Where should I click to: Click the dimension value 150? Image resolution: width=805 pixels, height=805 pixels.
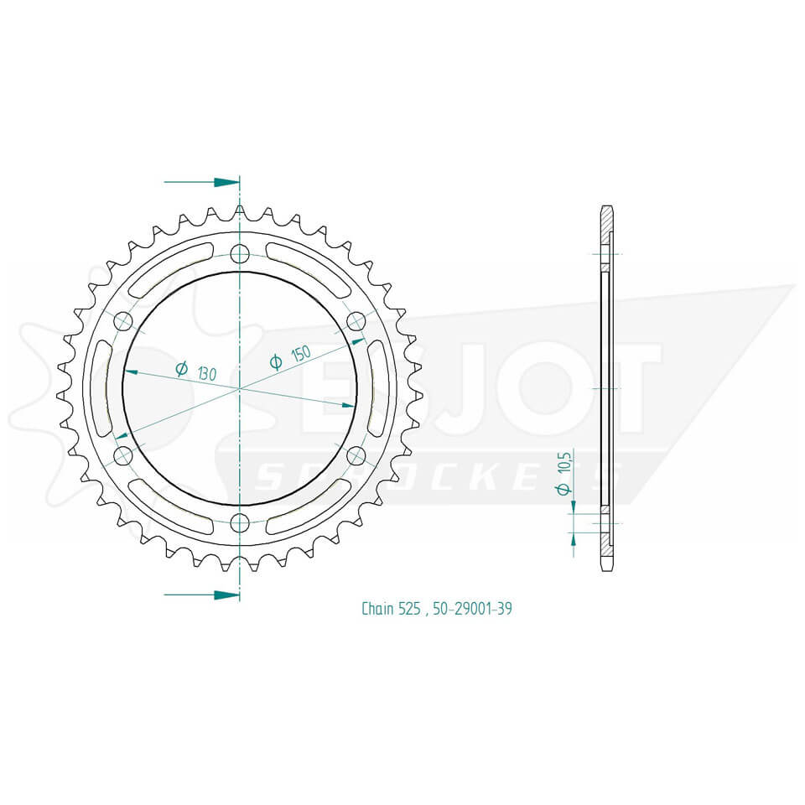(x=300, y=353)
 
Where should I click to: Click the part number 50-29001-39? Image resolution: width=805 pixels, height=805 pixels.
(x=473, y=609)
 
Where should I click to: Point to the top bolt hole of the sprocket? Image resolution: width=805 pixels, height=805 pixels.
(x=240, y=254)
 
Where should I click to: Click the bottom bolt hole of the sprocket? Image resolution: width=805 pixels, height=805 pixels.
(x=240, y=524)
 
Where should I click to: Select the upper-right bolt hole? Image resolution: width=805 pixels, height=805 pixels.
(x=356, y=321)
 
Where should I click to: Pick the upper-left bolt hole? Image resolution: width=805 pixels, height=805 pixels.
(x=123, y=321)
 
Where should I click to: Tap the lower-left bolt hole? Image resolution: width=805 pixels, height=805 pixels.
(x=123, y=456)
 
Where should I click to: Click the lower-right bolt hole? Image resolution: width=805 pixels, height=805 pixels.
(x=356, y=456)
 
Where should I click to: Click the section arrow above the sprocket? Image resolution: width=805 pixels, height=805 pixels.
(x=201, y=182)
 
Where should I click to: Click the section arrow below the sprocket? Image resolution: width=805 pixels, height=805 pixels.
(x=201, y=595)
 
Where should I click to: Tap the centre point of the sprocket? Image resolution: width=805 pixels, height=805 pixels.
(x=240, y=389)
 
